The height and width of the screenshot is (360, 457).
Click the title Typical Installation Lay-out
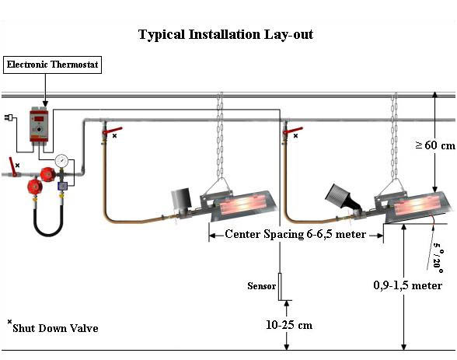(x=225, y=35)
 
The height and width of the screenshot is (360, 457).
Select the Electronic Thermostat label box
(x=53, y=65)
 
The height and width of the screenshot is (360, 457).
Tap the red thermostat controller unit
(x=39, y=125)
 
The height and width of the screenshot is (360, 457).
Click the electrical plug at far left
(x=8, y=117)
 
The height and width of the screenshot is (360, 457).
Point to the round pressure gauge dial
(x=61, y=160)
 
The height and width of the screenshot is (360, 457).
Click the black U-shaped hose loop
(x=48, y=221)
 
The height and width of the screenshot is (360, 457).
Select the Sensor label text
(x=261, y=286)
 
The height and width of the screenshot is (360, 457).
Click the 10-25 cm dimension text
(x=289, y=325)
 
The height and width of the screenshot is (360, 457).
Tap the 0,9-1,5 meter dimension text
(x=407, y=285)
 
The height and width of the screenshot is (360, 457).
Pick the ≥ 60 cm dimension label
(x=435, y=145)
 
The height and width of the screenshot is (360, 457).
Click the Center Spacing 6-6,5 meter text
(x=295, y=234)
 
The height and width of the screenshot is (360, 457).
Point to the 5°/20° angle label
(x=438, y=257)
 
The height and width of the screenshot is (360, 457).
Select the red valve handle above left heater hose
(x=112, y=131)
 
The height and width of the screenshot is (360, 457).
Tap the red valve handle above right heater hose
(x=293, y=131)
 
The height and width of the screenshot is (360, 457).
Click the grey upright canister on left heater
(x=180, y=199)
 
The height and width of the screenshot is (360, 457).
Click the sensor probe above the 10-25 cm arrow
(x=281, y=287)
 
